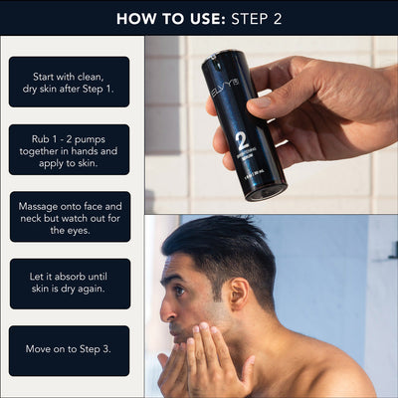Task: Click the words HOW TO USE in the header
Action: tap(161, 18)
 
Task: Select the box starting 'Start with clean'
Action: tap(70, 82)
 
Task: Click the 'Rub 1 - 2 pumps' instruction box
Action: tap(70, 149)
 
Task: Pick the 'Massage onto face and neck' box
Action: tap(70, 217)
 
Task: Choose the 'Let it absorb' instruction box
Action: tap(70, 284)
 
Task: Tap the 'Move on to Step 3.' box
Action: tap(70, 350)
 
